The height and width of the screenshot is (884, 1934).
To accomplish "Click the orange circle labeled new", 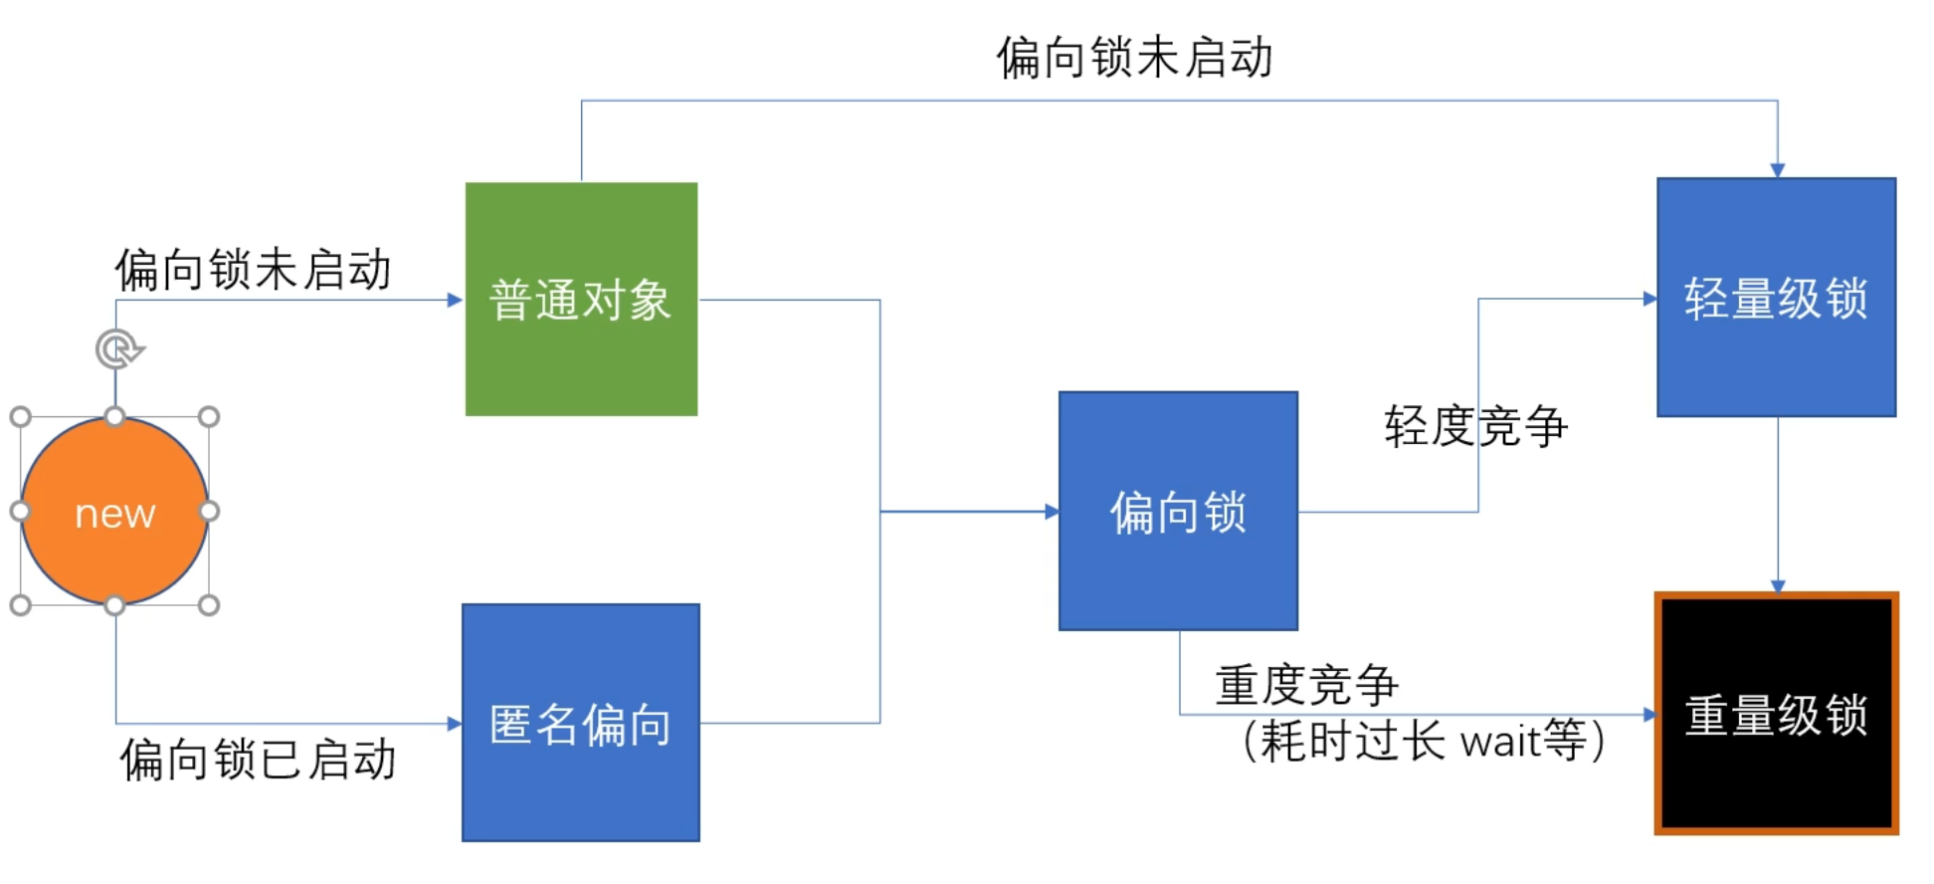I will click(x=114, y=512).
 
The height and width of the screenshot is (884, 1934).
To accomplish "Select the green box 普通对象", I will click(x=581, y=299).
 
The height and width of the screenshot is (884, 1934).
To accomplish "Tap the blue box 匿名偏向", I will click(x=581, y=723).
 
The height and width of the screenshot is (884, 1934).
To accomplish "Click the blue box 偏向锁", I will click(x=1178, y=511).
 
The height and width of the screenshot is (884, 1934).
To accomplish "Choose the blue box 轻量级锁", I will click(x=1776, y=297).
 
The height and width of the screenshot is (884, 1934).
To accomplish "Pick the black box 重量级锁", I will click(x=1776, y=713).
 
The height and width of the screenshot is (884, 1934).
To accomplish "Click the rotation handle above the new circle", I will click(x=118, y=349).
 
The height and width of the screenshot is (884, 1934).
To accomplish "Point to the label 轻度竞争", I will click(x=1474, y=426).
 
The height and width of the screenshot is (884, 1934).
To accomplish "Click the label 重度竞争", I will click(x=1306, y=685).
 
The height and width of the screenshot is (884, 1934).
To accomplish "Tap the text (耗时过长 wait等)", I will click(x=1423, y=741).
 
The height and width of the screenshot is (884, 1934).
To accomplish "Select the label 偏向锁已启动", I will click(x=258, y=760).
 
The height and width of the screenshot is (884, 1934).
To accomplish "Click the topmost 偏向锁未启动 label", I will click(x=1134, y=57).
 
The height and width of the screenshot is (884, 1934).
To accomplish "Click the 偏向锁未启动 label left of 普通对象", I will click(x=253, y=270).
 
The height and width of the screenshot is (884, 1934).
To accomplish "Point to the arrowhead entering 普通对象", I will click(x=456, y=300).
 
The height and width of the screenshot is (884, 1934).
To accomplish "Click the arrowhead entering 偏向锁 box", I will click(x=1052, y=512).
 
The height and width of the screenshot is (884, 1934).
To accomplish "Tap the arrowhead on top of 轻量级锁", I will click(x=1777, y=170).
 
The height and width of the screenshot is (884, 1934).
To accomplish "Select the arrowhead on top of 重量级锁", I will click(x=1778, y=586).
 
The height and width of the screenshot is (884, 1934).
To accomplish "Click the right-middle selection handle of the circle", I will click(x=209, y=512).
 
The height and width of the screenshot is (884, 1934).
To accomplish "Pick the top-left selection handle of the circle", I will click(x=21, y=417).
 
